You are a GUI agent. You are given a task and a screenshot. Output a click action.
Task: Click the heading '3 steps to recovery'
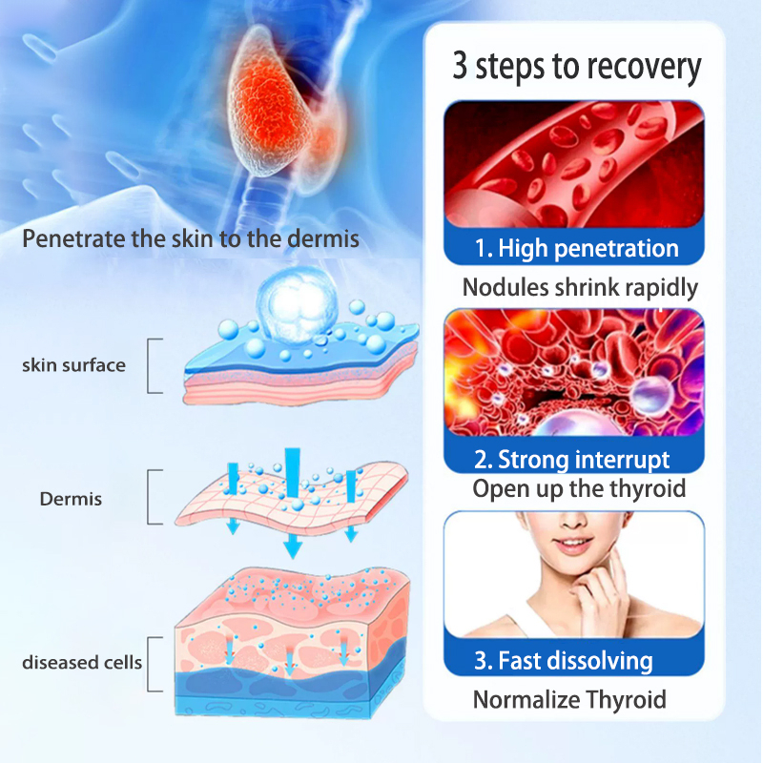pyautogui.click(x=577, y=67)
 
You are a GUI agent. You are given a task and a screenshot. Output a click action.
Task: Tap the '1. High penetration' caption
pyautogui.click(x=577, y=248)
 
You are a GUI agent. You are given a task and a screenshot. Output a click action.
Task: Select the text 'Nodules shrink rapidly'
pyautogui.click(x=580, y=288)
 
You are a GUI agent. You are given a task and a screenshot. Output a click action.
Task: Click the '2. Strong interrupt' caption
pyautogui.click(x=572, y=460)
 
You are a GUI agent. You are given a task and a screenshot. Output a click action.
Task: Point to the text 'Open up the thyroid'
pyautogui.click(x=579, y=488)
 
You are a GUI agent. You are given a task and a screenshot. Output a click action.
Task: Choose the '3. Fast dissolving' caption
pyautogui.click(x=564, y=661)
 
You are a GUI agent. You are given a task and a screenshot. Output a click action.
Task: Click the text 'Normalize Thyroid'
pyautogui.click(x=569, y=700)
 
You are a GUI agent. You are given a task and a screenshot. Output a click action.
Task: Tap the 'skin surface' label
pyautogui.click(x=74, y=365)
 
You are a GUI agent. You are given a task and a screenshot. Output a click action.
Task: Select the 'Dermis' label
pyautogui.click(x=71, y=499)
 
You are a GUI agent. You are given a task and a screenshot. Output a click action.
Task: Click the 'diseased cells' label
pyautogui.click(x=82, y=662)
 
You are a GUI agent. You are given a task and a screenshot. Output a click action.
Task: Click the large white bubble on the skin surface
pyautogui.click(x=298, y=304)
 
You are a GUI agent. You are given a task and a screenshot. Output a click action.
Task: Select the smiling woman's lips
pyautogui.click(x=574, y=543)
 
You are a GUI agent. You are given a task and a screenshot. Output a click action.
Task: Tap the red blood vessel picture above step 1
pyautogui.click(x=574, y=164)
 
